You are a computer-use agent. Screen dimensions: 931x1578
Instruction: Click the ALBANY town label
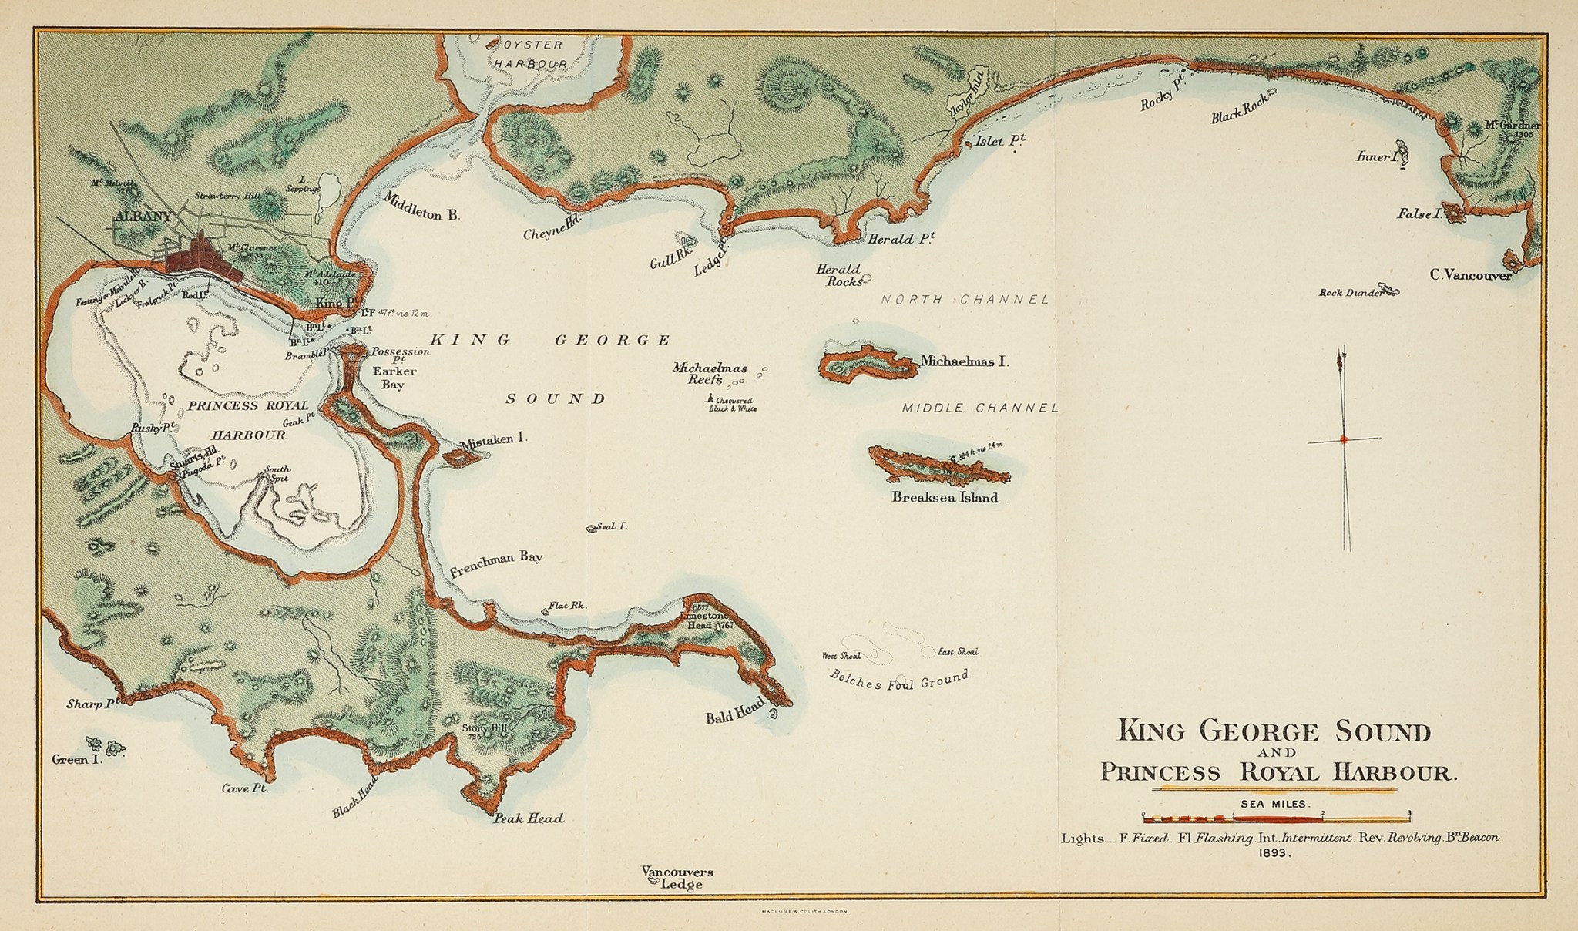(x=143, y=217)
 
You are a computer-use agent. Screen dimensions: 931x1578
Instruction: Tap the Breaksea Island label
(x=945, y=498)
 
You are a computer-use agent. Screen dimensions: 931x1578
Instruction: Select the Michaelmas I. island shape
(x=868, y=363)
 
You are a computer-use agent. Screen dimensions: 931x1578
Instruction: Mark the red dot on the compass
(x=1344, y=439)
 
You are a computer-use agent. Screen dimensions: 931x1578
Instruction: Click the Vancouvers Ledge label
(x=678, y=878)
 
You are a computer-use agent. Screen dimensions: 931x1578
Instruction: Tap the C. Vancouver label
(x=1470, y=274)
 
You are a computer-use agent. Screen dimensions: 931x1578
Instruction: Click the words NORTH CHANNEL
(x=965, y=300)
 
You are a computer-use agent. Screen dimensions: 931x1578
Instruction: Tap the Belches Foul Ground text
(x=898, y=681)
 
